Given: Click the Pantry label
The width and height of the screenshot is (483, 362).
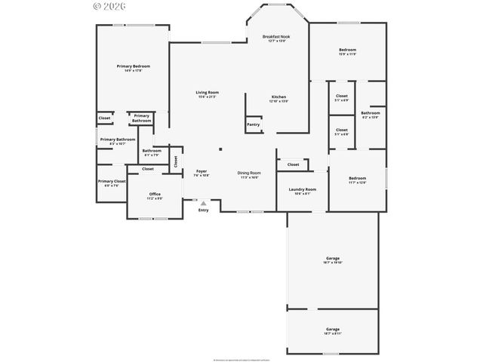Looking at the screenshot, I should pos(253,124).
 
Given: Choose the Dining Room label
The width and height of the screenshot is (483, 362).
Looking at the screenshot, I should pos(248,173).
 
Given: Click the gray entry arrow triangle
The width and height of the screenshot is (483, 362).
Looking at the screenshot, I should pos(203,203).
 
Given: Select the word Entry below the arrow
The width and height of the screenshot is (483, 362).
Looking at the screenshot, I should pos(203,210).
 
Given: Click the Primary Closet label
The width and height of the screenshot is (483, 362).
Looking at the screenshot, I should pos(111,183).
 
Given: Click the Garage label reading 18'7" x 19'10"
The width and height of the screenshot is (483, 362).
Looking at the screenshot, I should pos(332,260).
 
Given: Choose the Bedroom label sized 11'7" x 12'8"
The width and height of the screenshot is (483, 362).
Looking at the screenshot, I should pos(357,180).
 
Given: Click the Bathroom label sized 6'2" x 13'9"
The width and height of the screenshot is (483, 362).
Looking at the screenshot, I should pos(370,115).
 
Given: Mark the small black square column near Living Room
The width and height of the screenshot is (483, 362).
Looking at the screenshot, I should pos(220,149).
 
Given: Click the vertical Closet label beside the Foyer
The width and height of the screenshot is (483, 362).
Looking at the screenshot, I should pos(176,161).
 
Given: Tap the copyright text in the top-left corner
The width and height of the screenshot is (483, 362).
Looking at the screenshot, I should pos(109,5).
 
